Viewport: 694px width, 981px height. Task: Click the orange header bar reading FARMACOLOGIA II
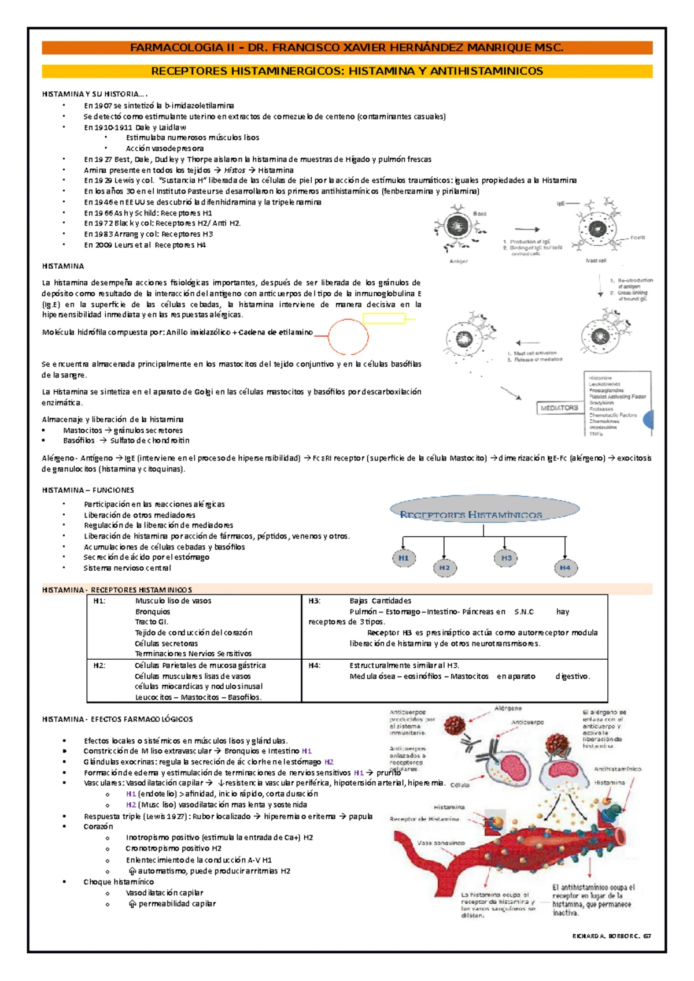347,48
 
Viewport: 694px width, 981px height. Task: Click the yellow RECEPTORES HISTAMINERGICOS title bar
347,71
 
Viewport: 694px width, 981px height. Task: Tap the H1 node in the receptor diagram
404,558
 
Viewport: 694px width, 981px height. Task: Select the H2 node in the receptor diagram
444,567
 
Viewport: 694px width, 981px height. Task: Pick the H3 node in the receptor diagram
506,558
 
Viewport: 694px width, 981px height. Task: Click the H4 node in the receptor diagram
565,567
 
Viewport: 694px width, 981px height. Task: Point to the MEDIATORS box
559,408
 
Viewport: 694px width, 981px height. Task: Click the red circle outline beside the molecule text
349,336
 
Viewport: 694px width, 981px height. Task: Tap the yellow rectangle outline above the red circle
384,318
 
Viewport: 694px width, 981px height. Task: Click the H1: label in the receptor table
99,601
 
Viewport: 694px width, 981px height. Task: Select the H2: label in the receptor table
99,666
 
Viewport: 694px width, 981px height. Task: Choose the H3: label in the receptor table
315,601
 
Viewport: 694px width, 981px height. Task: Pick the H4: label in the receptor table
315,666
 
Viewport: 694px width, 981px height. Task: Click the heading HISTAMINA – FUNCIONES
88,490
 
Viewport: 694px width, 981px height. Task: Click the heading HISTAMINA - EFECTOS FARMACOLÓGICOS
117,719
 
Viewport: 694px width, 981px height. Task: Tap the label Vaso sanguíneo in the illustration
441,843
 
